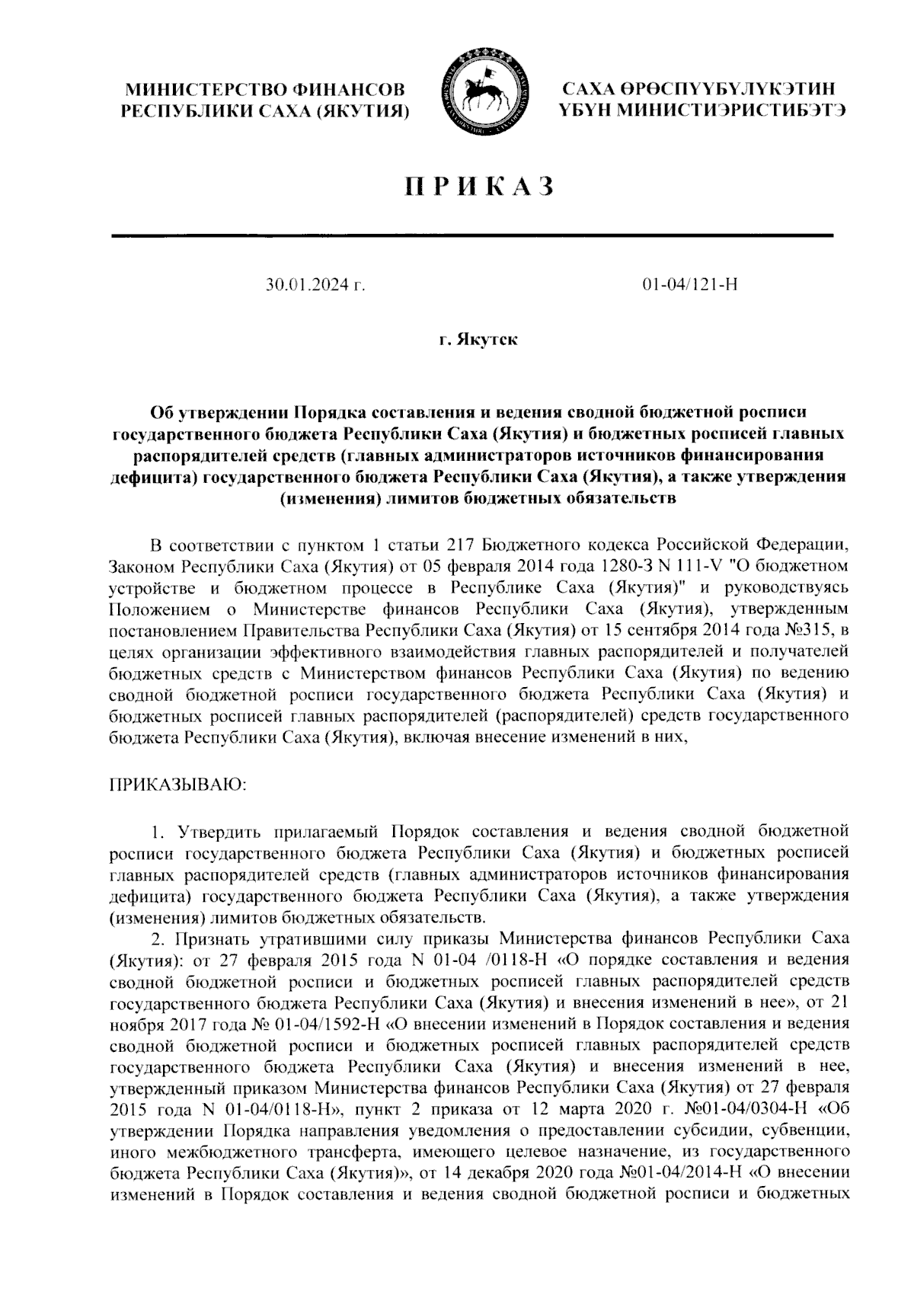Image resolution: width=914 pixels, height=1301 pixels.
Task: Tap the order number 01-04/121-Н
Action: (x=690, y=286)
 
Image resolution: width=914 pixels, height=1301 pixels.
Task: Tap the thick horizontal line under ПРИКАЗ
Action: (x=472, y=235)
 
